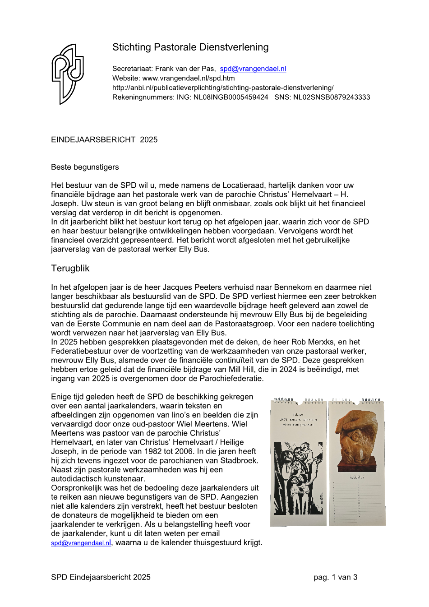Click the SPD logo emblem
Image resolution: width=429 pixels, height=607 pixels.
68,74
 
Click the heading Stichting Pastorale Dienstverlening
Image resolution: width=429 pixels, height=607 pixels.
190,47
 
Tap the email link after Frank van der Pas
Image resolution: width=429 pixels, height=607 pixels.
253,69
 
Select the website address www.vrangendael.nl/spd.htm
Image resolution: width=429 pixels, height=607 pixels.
189,78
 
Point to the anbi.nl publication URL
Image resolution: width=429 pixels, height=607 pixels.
223,88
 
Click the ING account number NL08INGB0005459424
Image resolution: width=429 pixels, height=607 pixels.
231,97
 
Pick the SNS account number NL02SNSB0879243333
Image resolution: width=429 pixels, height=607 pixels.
332,97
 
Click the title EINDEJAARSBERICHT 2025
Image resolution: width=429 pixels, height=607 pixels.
104,140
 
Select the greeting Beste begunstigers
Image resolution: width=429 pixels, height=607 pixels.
85,167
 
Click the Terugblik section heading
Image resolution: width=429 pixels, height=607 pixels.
70,269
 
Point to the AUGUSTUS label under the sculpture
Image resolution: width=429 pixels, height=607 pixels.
357,477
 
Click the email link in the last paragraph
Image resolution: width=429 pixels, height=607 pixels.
81,543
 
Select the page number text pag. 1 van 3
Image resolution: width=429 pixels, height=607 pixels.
335,577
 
